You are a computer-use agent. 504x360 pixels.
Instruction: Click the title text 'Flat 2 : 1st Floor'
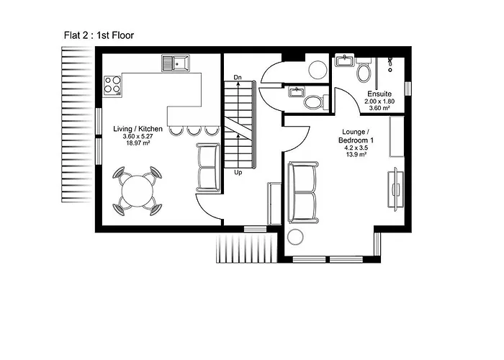[x=99, y=35]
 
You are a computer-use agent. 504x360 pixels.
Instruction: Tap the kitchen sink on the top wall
[x=176, y=63]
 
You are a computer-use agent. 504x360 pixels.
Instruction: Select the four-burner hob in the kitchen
[x=112, y=85]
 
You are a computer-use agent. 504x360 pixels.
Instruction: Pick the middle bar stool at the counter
[x=193, y=130]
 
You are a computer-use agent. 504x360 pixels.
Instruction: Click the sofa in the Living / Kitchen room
[x=208, y=168]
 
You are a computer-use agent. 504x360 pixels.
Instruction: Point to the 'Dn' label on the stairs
[x=238, y=76]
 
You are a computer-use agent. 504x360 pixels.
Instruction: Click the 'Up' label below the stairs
[x=238, y=173]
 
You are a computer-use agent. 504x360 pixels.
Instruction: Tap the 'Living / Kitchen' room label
[x=138, y=129]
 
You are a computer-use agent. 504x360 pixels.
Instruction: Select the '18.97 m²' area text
[x=138, y=144]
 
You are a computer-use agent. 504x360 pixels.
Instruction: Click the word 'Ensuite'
[x=379, y=94]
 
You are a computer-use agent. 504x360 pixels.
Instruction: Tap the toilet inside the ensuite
[x=364, y=73]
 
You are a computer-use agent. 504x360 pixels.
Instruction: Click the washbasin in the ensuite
[x=344, y=60]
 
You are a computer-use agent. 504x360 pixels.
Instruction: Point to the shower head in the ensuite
[x=390, y=63]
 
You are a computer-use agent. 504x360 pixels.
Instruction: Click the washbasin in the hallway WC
[x=296, y=91]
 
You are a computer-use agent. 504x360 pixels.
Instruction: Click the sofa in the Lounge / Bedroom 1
[x=302, y=192]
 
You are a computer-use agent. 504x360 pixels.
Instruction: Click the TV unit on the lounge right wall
[x=395, y=189]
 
